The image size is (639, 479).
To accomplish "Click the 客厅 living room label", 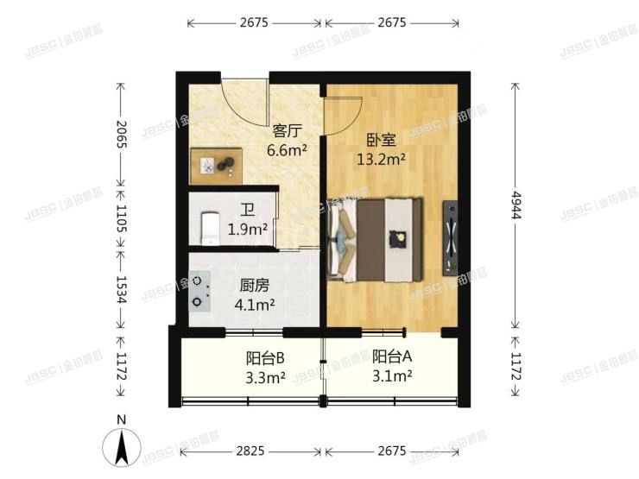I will coord(286,131).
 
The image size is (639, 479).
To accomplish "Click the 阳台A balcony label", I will coord(392,355).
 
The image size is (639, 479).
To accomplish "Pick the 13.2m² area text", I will coord(381,159).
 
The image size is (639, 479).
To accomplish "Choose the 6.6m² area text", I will coord(287,149).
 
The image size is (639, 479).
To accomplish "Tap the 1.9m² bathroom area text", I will coord(247,230).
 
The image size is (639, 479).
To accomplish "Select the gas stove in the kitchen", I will coord(200,291).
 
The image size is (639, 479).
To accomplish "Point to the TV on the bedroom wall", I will coord(451,237).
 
